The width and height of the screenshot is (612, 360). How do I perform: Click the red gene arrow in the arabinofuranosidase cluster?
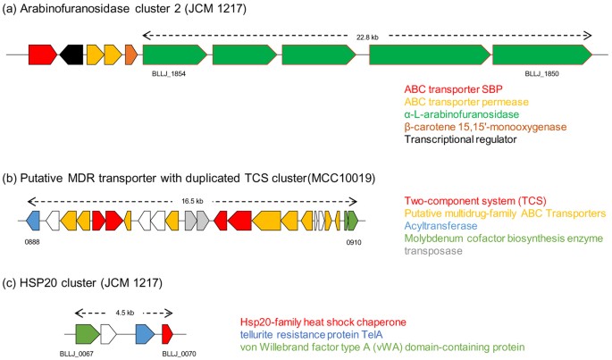42,54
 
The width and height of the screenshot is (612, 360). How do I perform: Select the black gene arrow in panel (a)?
71,54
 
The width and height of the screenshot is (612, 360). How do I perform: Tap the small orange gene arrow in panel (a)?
130,54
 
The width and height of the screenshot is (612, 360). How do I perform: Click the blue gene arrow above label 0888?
34,219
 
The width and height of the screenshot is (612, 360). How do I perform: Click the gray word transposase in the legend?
434,252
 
